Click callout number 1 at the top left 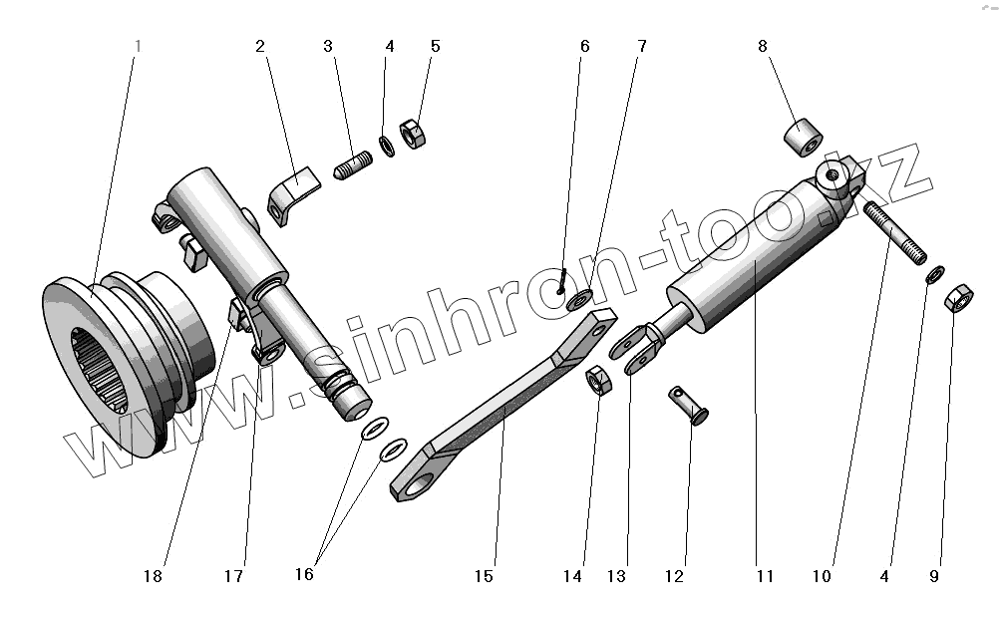pos(139,47)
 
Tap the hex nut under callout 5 pos(413,134)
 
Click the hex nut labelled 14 pos(600,379)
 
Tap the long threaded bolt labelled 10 pos(895,232)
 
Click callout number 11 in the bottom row pos(765,575)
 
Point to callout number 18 pos(153,575)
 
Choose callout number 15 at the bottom pos(484,575)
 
